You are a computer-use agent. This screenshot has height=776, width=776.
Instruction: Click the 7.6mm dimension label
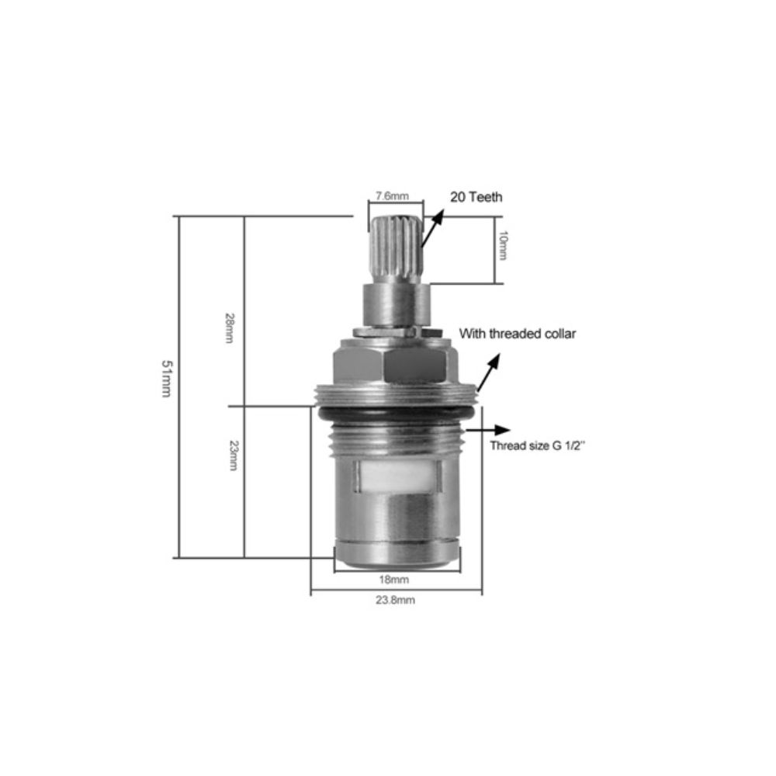tap(392, 196)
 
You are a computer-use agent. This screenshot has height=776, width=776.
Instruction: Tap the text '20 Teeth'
tap(476, 197)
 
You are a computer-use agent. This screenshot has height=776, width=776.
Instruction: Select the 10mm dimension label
tap(502, 245)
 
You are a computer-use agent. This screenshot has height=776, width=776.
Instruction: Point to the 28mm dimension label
tap(230, 327)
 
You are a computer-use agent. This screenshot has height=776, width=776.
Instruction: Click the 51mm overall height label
tap(166, 378)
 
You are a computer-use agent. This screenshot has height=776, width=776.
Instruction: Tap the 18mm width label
tap(394, 580)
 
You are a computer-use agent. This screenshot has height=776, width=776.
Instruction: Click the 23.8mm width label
tap(396, 601)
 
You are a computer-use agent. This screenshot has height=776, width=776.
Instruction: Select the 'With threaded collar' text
tap(518, 334)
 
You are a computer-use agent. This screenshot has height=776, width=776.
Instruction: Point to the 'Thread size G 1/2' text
tap(538, 445)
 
